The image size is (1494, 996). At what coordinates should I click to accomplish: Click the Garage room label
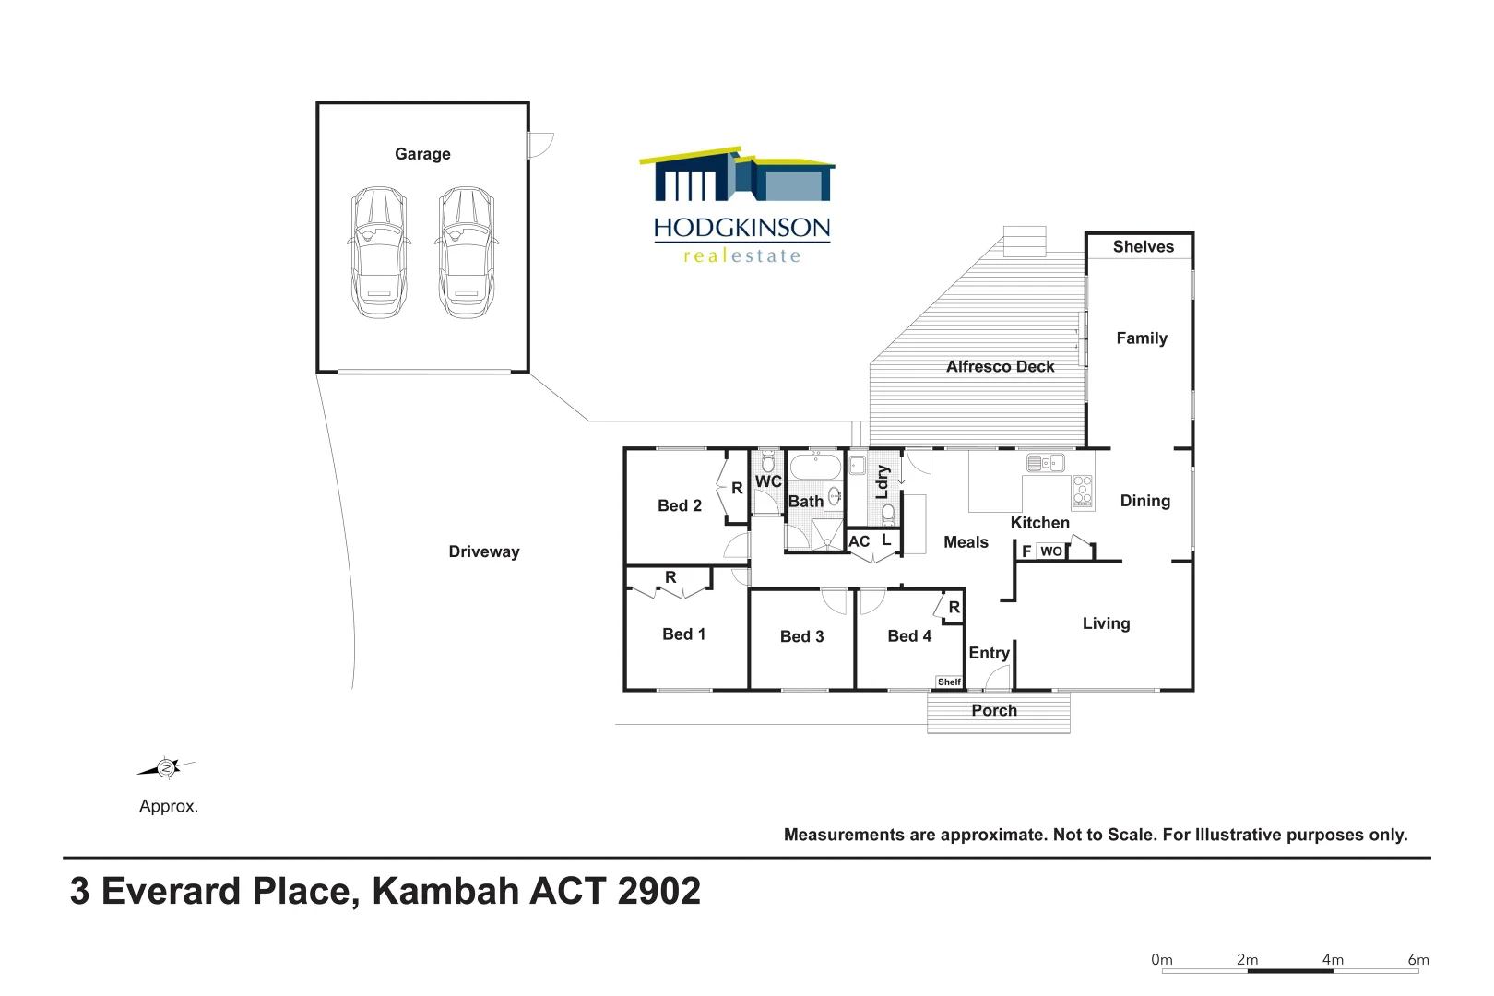point(422,154)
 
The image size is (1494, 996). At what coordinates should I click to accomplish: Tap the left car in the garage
point(379,253)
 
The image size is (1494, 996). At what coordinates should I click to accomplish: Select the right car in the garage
point(466,253)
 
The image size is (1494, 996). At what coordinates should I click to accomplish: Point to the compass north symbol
point(167,767)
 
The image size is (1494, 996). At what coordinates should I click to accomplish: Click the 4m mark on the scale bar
point(1333,960)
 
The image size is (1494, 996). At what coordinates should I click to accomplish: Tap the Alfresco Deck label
point(1000,366)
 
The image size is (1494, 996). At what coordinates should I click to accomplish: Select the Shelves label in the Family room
point(1143,246)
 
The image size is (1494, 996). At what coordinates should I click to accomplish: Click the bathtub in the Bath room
point(815,467)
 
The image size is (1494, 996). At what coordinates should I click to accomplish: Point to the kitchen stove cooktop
point(1083,492)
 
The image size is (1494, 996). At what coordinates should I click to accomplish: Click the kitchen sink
point(1046,463)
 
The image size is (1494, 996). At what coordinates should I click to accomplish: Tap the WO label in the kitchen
point(1051,551)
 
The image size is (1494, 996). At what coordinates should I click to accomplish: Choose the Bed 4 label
point(909,636)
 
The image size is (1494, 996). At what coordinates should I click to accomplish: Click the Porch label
point(994,710)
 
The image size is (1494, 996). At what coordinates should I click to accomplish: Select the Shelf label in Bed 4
point(949,682)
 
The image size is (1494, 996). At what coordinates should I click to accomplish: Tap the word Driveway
point(484,551)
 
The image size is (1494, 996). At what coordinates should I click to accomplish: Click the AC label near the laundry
point(860,541)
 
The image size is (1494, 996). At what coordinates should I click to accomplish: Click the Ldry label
point(883,481)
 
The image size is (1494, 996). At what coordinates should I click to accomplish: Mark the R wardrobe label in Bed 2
point(737,489)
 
